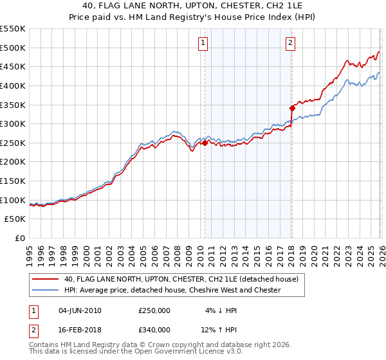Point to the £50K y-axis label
coord(15,219)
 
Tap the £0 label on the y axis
coord(20,239)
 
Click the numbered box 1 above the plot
coord(203,43)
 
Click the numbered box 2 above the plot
coord(290,43)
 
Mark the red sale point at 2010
coord(205,143)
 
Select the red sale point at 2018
coord(292,109)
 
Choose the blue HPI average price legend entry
coord(172,290)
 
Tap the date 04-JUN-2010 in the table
coord(80,310)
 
